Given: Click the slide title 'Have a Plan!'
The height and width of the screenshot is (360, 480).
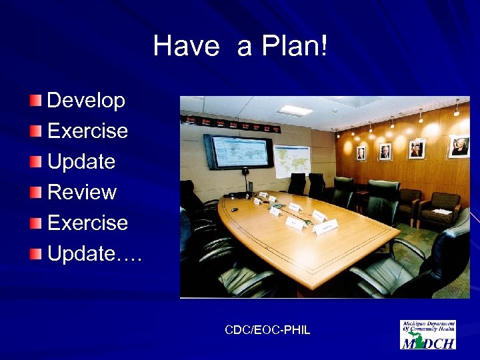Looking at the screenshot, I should (x=240, y=46).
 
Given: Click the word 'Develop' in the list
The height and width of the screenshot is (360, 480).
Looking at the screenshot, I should (x=86, y=101).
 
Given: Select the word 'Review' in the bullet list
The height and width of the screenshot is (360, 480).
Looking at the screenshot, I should (x=81, y=193).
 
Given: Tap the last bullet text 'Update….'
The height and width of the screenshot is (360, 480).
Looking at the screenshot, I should (x=94, y=253).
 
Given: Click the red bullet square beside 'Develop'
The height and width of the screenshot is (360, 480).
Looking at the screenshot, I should (x=35, y=101).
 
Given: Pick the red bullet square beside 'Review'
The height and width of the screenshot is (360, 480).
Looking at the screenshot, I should (x=35, y=193).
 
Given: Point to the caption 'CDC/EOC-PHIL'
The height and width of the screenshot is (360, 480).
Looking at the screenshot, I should (x=267, y=330).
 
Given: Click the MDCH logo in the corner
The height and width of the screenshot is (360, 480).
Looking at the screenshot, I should (x=427, y=334).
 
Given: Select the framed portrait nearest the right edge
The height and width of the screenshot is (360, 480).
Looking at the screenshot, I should (x=459, y=146).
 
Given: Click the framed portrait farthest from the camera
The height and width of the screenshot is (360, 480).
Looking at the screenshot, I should (x=361, y=153).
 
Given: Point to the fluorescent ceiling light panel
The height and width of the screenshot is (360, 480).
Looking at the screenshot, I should (x=295, y=110).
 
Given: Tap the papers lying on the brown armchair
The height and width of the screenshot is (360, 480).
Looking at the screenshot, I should (x=441, y=211).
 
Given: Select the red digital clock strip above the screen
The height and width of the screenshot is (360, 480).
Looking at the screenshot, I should (x=230, y=124).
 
